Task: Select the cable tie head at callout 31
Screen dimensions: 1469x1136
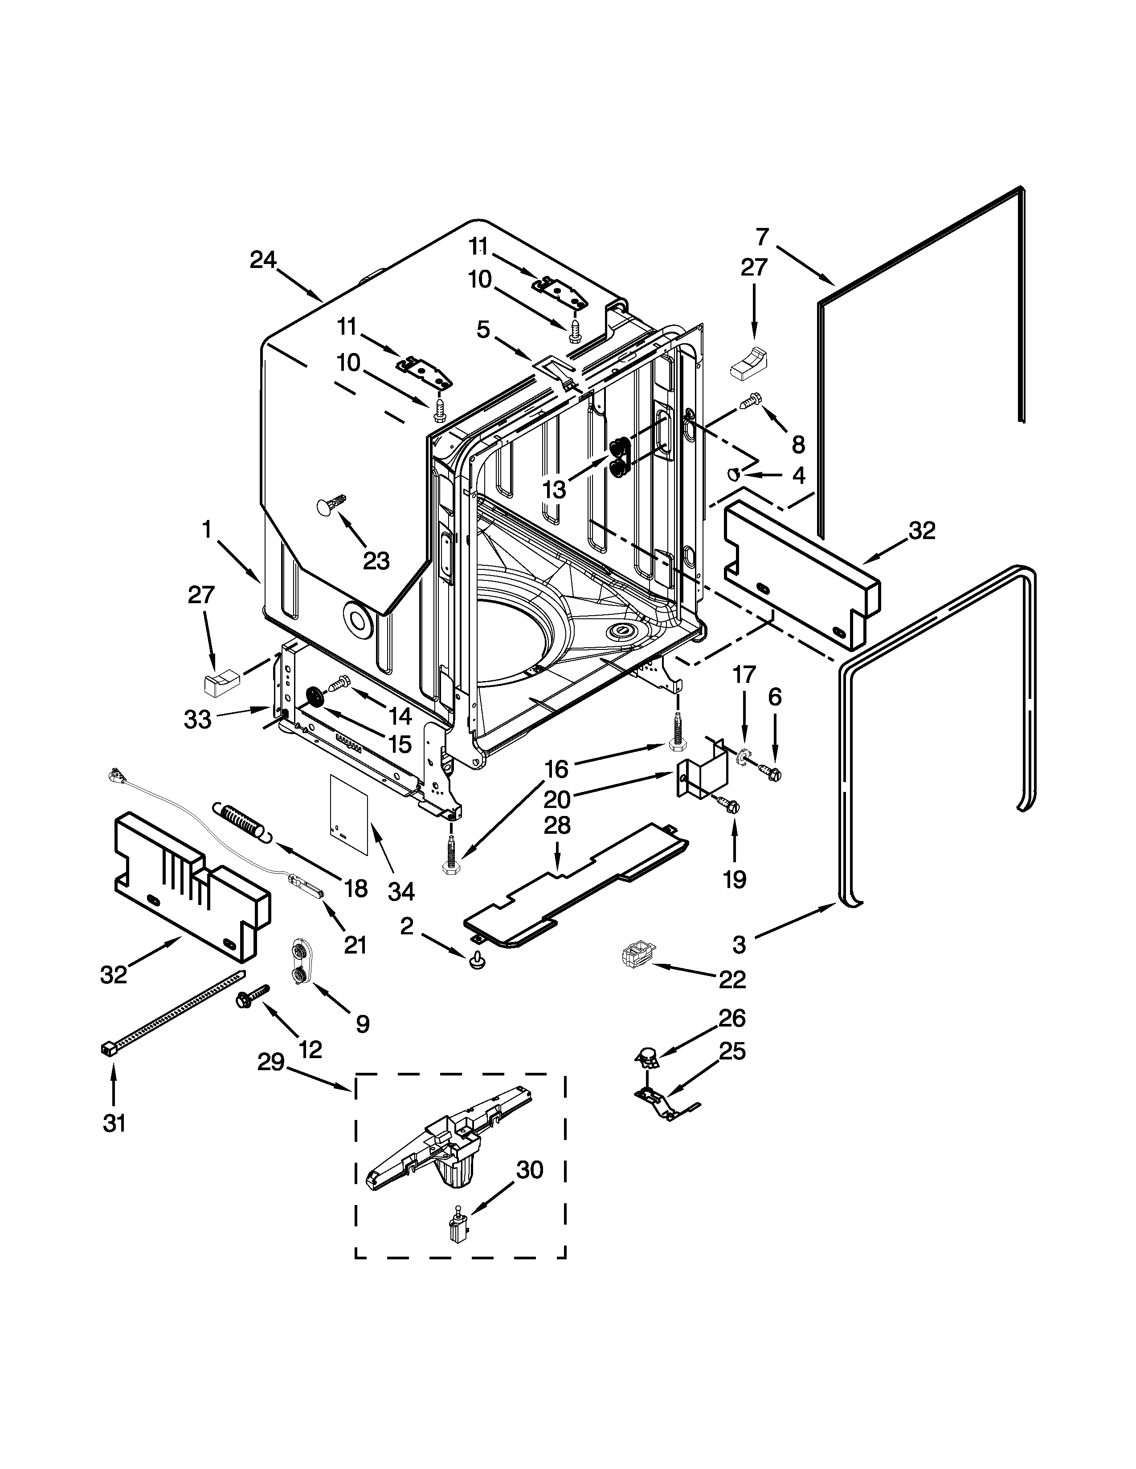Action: pyautogui.click(x=108, y=1049)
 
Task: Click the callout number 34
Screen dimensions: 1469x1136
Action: pyautogui.click(x=401, y=891)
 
